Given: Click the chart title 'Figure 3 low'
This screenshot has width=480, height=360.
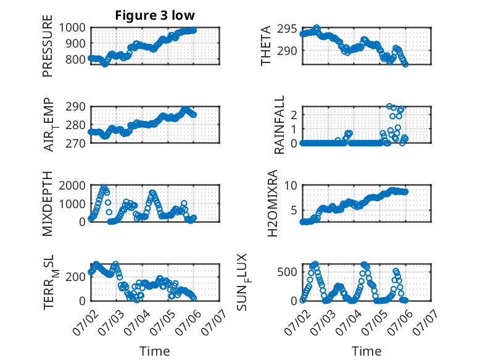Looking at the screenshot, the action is coord(155,15).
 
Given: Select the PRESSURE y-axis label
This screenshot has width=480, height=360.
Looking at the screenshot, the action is coord(48,46).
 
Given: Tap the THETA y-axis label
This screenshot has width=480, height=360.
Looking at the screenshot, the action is coord(266,46).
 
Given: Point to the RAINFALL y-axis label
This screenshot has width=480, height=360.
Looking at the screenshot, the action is coord(279,125).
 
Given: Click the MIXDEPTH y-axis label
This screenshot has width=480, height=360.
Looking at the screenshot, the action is coord(48,203).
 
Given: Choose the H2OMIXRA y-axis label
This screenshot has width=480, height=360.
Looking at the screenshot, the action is coord(272,203).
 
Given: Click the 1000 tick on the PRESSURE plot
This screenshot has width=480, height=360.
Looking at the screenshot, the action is coord(72,28).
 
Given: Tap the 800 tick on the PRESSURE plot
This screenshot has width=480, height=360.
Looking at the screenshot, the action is coord(76,59).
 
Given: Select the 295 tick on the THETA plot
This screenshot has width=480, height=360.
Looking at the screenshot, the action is coord(287,29).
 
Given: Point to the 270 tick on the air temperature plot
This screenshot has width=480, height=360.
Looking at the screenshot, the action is coord(76,143).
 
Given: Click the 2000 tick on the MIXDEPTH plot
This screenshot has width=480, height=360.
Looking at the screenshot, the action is coord(72,185).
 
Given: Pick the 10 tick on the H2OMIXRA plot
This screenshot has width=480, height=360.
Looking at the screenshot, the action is coord(291,185).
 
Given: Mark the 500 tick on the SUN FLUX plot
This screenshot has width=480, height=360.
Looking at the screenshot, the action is coord(287,272).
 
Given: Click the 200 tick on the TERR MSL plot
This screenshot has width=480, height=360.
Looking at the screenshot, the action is coord(76,277).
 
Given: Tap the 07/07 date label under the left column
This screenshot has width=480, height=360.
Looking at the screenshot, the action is coord(213,322).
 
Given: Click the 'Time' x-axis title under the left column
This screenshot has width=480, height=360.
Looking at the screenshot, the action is coord(155,351).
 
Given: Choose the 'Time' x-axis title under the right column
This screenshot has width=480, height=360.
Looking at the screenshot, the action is coord(366,351).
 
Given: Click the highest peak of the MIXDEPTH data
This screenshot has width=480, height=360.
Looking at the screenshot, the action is coord(104,186).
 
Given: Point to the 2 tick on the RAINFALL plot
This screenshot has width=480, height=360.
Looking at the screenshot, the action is coord(294,115).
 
